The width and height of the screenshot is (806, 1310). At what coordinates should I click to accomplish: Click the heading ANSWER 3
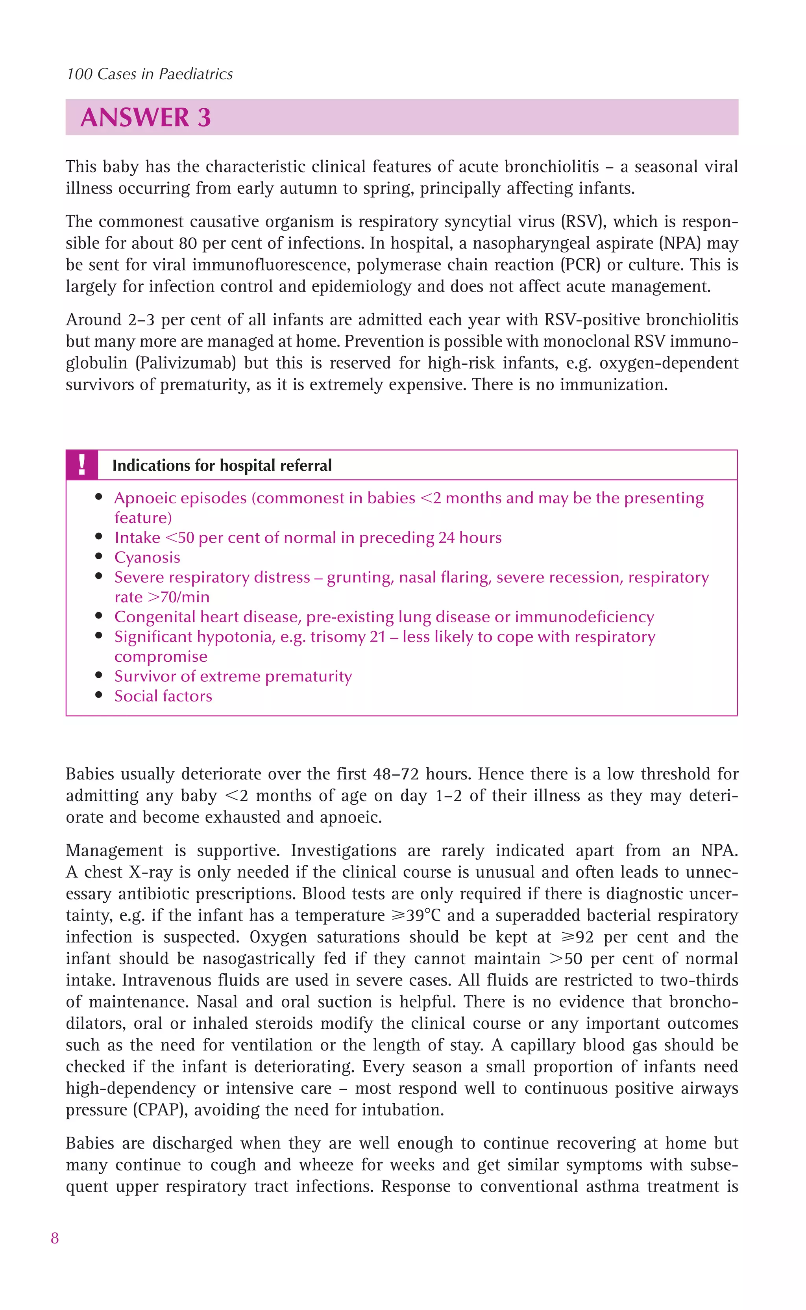tap(146, 117)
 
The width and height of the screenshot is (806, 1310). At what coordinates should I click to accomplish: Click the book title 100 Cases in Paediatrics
tap(150, 74)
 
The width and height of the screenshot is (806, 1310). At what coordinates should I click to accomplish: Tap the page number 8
tap(55, 1238)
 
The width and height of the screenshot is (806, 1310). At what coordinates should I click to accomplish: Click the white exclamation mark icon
tap(81, 465)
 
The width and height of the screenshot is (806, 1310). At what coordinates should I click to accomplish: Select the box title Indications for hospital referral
tap(222, 466)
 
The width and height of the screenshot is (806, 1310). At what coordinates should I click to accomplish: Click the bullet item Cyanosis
tap(147, 557)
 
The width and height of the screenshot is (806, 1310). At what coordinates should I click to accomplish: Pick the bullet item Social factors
tap(163, 696)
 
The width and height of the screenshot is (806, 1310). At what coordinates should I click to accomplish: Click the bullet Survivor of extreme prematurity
tap(233, 676)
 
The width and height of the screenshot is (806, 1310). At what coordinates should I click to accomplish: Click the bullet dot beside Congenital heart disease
tap(99, 616)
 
